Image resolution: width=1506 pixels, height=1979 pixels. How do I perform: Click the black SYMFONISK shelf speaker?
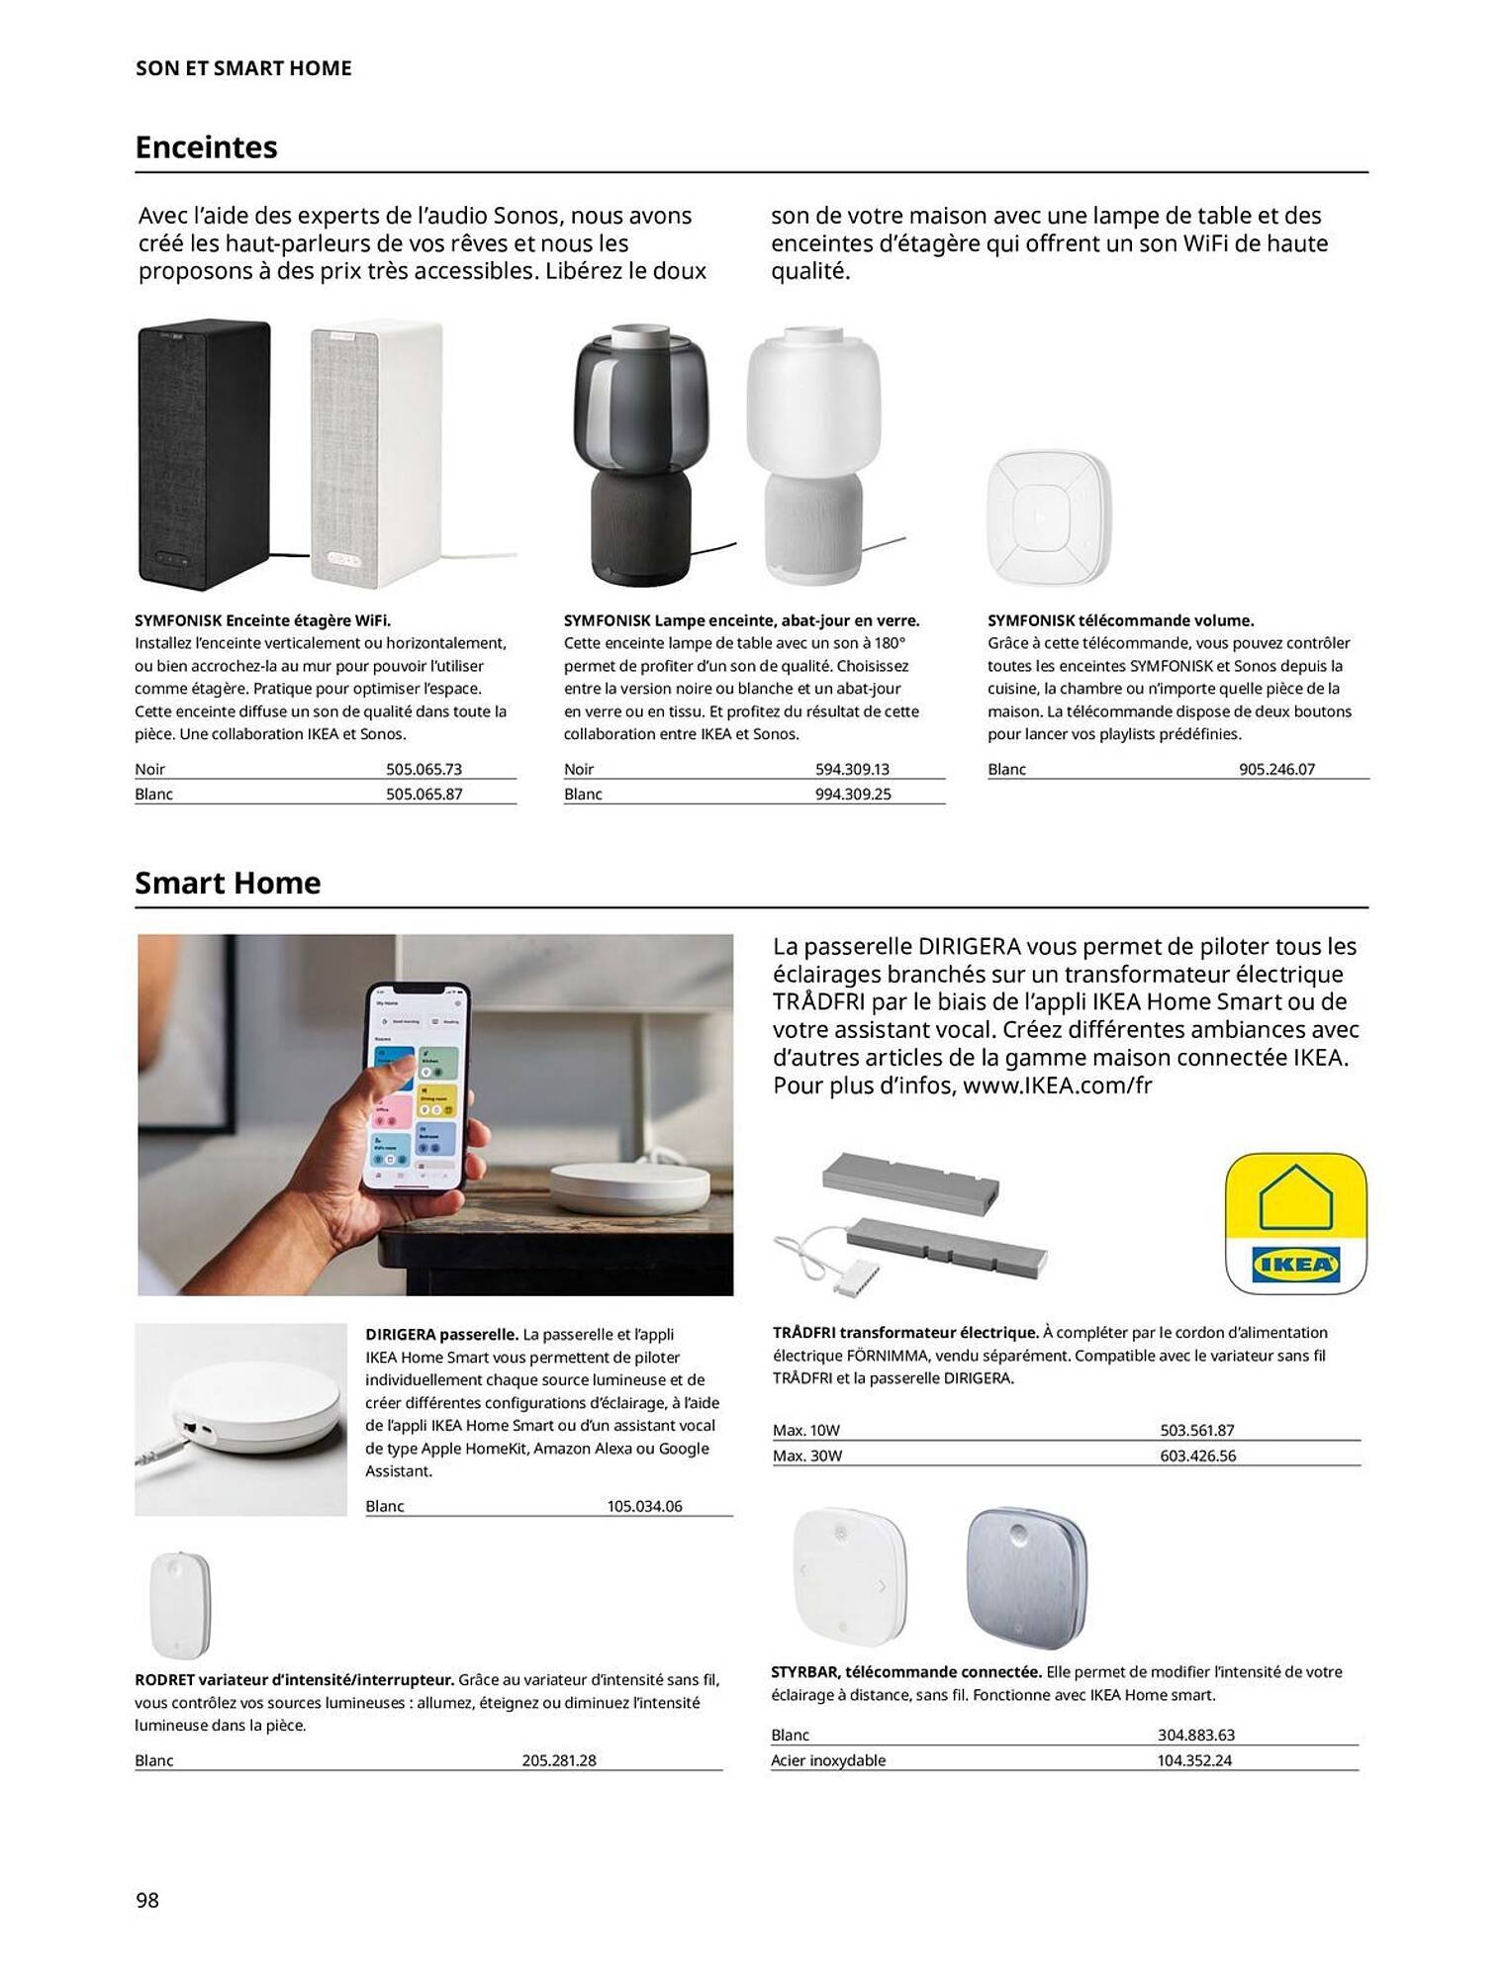click(x=204, y=453)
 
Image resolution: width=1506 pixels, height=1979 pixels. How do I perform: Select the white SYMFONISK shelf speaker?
click(x=376, y=453)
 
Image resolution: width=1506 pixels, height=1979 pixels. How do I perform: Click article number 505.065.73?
click(x=424, y=769)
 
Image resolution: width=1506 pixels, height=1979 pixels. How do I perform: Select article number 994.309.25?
click(x=852, y=794)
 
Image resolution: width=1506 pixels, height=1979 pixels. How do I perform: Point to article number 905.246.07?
click(x=1276, y=769)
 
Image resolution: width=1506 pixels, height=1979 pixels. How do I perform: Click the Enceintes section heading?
click(x=206, y=147)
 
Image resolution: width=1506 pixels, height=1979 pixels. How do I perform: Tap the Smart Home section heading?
click(x=228, y=883)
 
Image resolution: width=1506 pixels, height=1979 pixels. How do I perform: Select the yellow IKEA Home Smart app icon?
click(x=1295, y=1223)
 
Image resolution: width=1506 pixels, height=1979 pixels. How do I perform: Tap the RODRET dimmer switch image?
click(x=180, y=1604)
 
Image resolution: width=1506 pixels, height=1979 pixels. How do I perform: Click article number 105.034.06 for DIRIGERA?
click(x=644, y=1506)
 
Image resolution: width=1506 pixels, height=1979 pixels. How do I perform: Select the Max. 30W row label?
click(x=807, y=1456)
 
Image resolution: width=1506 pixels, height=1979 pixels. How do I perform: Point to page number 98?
click(x=147, y=1899)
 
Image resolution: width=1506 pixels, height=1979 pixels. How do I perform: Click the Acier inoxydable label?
click(x=828, y=1760)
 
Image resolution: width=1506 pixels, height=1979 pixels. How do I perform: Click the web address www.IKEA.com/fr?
click(x=1057, y=1084)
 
